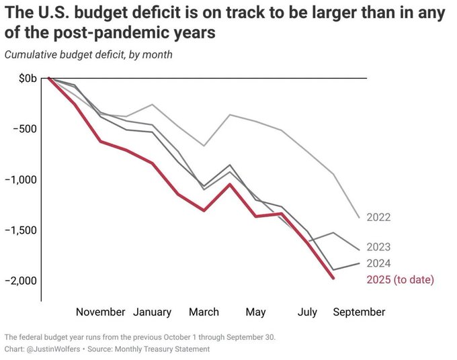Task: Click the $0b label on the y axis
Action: point(28,79)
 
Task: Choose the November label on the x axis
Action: point(100,312)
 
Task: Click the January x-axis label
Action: point(152,312)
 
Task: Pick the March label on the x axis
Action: point(204,312)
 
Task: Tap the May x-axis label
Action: point(255,312)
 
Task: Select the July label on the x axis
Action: point(307,312)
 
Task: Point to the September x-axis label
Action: point(359,312)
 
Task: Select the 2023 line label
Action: point(378,247)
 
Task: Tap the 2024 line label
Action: point(378,263)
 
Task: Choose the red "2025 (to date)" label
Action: point(400,279)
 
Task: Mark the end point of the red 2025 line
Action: point(333,278)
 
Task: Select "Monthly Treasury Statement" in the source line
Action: point(167,349)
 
